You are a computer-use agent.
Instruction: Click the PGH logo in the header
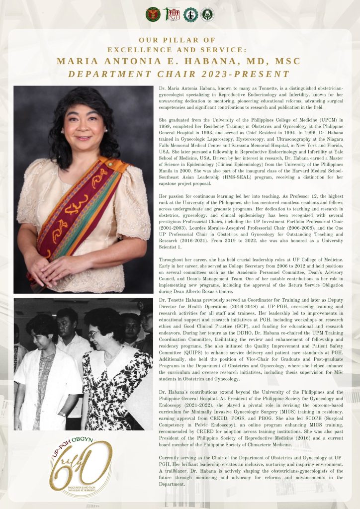tap(172, 14)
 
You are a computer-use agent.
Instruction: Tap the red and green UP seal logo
tap(153, 14)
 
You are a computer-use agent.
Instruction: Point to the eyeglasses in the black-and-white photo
tap(95, 335)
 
